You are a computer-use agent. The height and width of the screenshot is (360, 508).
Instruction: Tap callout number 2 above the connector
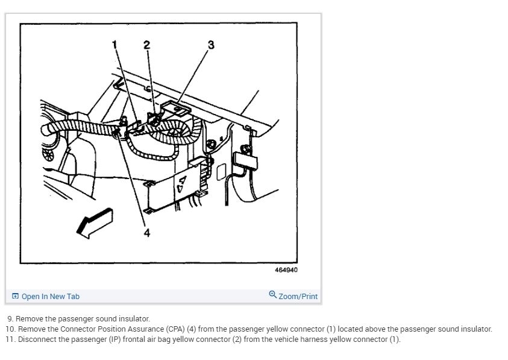pyautogui.click(x=146, y=44)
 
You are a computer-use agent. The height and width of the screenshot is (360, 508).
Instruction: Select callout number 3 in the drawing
pyautogui.click(x=210, y=45)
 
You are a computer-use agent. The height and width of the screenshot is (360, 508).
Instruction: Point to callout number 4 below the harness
pyautogui.click(x=146, y=233)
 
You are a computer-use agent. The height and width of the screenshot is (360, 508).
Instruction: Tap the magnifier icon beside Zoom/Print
pyautogui.click(x=273, y=295)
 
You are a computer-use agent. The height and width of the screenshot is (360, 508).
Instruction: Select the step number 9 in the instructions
pyautogui.click(x=10, y=318)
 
